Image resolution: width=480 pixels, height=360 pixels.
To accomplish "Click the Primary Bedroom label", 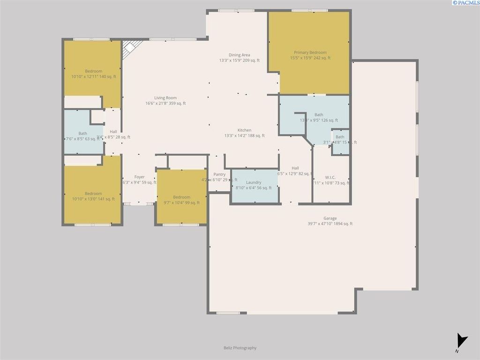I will pyautogui.click(x=310, y=52).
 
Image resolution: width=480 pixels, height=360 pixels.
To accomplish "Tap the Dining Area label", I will pyautogui.click(x=239, y=55).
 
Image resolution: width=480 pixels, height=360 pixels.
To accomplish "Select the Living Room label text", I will pyautogui.click(x=165, y=98).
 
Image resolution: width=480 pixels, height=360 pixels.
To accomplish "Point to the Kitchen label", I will pyautogui.click(x=244, y=130).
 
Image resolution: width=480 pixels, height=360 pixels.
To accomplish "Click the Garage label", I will pyautogui.click(x=330, y=218).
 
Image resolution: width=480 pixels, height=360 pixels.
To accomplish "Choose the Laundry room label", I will pyautogui.click(x=253, y=182).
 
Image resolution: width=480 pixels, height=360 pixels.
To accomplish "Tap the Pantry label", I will pyautogui.click(x=219, y=174).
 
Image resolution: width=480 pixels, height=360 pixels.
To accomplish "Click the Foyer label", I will pyautogui.click(x=139, y=177).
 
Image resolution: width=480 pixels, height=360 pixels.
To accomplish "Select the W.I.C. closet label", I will pyautogui.click(x=330, y=177).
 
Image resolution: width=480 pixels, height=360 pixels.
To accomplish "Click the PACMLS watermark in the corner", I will pyautogui.click(x=465, y=3).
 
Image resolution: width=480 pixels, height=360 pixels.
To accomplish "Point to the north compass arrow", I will pyautogui.click(x=462, y=341).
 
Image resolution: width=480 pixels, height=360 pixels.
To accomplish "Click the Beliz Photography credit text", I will pyautogui.click(x=240, y=348).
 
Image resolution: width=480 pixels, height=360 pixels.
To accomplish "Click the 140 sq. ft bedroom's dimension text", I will pyautogui.click(x=93, y=76).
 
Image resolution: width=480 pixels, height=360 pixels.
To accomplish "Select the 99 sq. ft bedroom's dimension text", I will pyautogui.click(x=181, y=202).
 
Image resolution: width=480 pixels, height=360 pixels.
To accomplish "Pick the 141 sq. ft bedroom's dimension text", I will pyautogui.click(x=93, y=199).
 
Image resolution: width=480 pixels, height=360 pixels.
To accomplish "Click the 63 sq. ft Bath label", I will pyautogui.click(x=82, y=133).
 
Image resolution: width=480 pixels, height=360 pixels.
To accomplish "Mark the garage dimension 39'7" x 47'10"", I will pyautogui.click(x=330, y=224).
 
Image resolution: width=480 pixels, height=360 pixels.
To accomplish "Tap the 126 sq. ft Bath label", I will pyautogui.click(x=319, y=114).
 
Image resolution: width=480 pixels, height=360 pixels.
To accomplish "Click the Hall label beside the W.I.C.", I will pyautogui.click(x=295, y=168).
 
